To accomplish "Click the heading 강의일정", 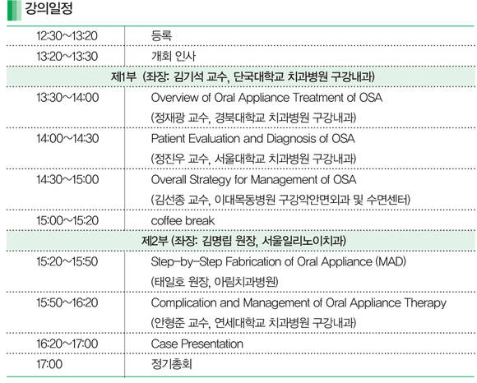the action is (49, 8).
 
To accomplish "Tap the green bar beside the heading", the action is (14, 11).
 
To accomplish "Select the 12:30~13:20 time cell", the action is (67, 36).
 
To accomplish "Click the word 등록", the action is (161, 36).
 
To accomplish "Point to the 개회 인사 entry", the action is (174, 56).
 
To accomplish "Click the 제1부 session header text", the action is (243, 76).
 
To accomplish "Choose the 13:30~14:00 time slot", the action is (67, 98).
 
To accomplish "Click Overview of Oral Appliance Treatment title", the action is (266, 98).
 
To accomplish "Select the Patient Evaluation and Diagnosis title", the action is (252, 139).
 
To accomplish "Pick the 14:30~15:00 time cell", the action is (67, 179).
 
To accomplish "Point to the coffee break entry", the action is (183, 221).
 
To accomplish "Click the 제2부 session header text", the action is (243, 241).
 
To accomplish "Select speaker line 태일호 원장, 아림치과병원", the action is (215, 282).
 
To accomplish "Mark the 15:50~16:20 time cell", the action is (67, 302).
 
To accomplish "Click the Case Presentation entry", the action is (197, 344).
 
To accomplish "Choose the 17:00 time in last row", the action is (49, 364).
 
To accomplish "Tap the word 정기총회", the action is (172, 364).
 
